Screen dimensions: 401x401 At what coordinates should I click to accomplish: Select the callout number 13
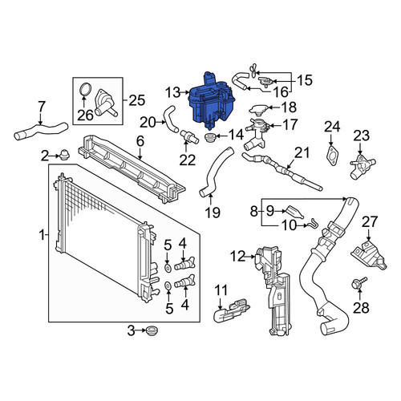pyautogui.click(x=173, y=92)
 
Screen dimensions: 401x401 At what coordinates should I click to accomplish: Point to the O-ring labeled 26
pyautogui.click(x=86, y=89)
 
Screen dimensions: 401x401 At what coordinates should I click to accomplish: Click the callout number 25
pyautogui.click(x=136, y=100)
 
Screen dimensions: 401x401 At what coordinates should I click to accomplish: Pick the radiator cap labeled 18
pyautogui.click(x=258, y=109)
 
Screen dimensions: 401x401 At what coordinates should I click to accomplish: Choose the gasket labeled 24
pyautogui.click(x=332, y=155)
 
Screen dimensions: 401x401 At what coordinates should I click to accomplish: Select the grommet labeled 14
pyautogui.click(x=209, y=137)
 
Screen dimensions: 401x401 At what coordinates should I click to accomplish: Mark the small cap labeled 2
pyautogui.click(x=63, y=155)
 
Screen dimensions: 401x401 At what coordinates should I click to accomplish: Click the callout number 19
pyautogui.click(x=213, y=212)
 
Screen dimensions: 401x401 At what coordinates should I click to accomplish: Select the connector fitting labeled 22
pyautogui.click(x=189, y=136)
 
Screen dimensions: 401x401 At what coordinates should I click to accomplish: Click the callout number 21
pyautogui.click(x=302, y=152)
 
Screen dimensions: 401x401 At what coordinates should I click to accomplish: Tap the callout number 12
pyautogui.click(x=237, y=256)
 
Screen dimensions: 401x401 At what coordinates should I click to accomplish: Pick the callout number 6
pyautogui.click(x=140, y=141)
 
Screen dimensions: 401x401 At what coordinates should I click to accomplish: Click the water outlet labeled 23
pyautogui.click(x=363, y=167)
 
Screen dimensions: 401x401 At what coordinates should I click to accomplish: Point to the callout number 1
pyautogui.click(x=42, y=235)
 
